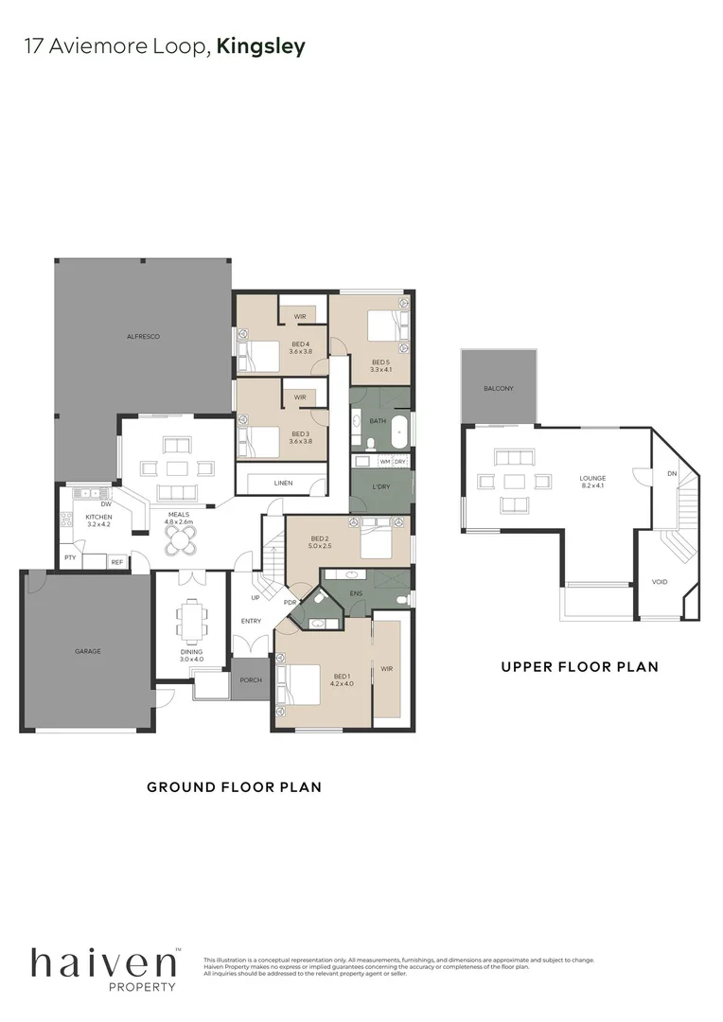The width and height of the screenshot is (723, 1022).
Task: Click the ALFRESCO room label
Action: pos(143,337)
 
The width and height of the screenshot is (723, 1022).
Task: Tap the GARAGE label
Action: pos(88,651)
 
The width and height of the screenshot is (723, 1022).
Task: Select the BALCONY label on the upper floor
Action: pos(498,389)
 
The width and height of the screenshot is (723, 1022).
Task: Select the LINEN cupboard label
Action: pos(283,483)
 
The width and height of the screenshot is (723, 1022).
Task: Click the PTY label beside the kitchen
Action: pos(70,558)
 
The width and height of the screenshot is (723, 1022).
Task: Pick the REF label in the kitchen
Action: pos(116,562)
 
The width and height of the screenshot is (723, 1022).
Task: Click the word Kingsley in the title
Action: pos(261,46)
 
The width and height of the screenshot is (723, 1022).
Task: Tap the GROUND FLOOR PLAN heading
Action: pos(234,786)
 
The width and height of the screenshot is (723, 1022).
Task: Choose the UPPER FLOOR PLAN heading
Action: pos(579,666)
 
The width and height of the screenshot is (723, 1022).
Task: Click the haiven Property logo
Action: pos(104,967)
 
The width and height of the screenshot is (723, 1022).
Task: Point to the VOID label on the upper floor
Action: pos(660,582)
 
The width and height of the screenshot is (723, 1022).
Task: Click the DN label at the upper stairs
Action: pos(672,473)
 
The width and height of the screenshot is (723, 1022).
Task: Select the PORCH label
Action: pos(251,680)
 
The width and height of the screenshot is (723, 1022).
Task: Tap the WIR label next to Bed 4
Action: pos(298,316)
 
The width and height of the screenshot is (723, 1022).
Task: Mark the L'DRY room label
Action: pos(380,486)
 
